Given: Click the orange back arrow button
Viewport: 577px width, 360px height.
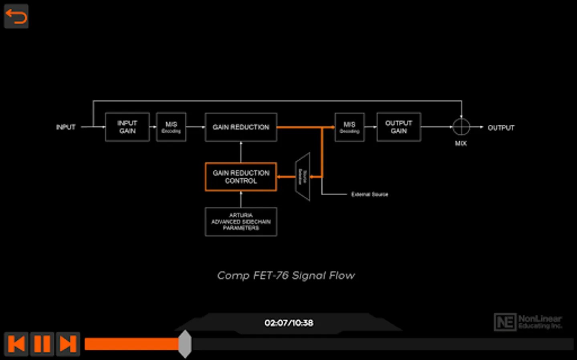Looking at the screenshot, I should [16, 16].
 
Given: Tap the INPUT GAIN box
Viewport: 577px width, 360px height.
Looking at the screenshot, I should [127, 127].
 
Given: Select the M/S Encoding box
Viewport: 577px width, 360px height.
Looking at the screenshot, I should [171, 127].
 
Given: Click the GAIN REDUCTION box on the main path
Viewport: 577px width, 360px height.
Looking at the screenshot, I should [241, 127].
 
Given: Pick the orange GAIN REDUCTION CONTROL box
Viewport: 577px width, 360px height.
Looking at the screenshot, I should [241, 177].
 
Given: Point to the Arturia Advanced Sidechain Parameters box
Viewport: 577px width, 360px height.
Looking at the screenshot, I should [241, 222].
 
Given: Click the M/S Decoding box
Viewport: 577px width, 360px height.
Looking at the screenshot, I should [349, 127].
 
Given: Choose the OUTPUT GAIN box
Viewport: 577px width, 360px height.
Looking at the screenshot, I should [399, 127].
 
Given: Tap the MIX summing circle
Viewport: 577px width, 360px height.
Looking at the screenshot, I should [461, 127].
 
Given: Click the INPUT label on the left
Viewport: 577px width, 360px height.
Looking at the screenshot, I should [66, 127].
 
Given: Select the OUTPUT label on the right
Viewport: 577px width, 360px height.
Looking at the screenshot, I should [501, 128].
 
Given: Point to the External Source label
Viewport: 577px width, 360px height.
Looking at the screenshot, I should [369, 194].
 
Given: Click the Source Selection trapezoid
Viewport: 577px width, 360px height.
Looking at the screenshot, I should [303, 177].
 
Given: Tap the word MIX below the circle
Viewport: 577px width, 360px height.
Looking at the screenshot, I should [461, 143].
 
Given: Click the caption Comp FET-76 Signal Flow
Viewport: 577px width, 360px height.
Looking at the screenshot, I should [286, 276].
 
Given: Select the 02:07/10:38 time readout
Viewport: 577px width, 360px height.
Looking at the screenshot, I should [289, 323].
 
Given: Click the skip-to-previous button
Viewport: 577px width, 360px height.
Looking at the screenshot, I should [16, 344].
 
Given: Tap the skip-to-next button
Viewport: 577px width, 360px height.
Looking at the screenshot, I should [68, 344].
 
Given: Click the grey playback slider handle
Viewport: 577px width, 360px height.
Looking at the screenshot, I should [185, 344].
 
